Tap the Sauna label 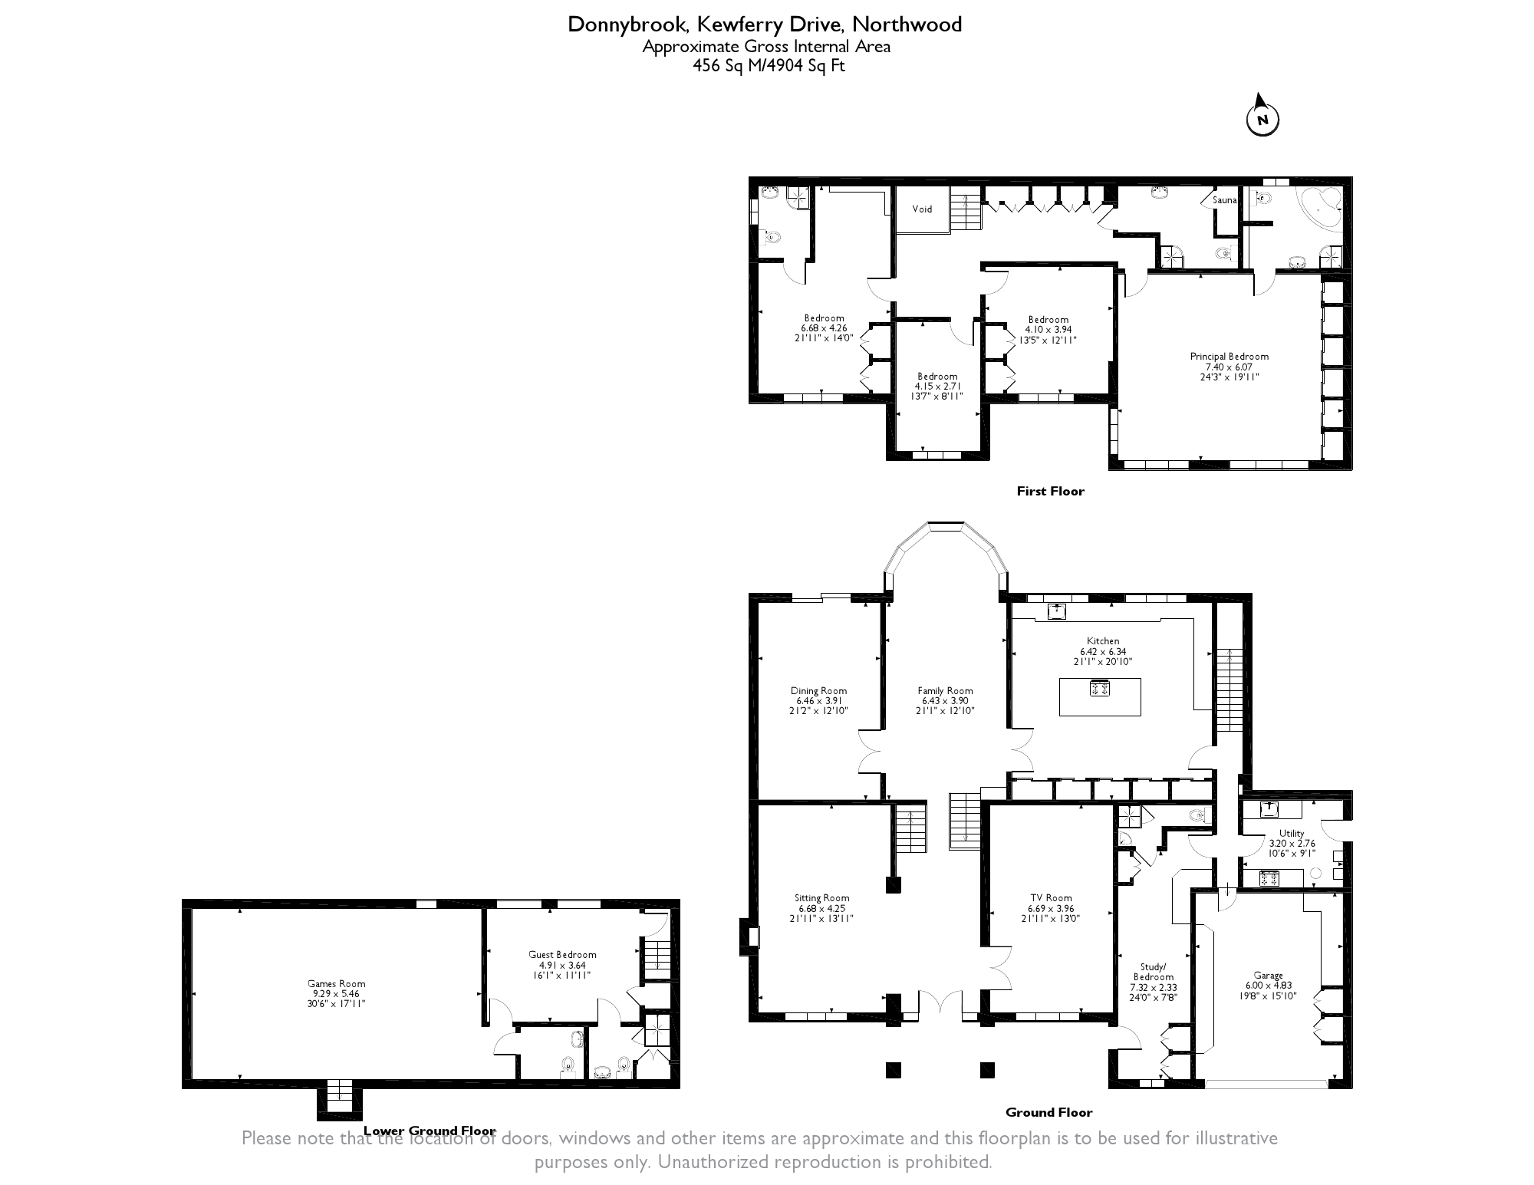(1224, 200)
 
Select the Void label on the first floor (922, 209)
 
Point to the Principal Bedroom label (1229, 357)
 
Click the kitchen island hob (1100, 688)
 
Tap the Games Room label (336, 983)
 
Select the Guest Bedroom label (562, 955)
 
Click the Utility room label (1292, 833)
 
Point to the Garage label (1269, 976)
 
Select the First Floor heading (1050, 491)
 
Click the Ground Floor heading (1048, 1112)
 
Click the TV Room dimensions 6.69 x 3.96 (1051, 908)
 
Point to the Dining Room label (818, 690)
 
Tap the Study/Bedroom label (1154, 972)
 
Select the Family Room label (945, 690)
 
